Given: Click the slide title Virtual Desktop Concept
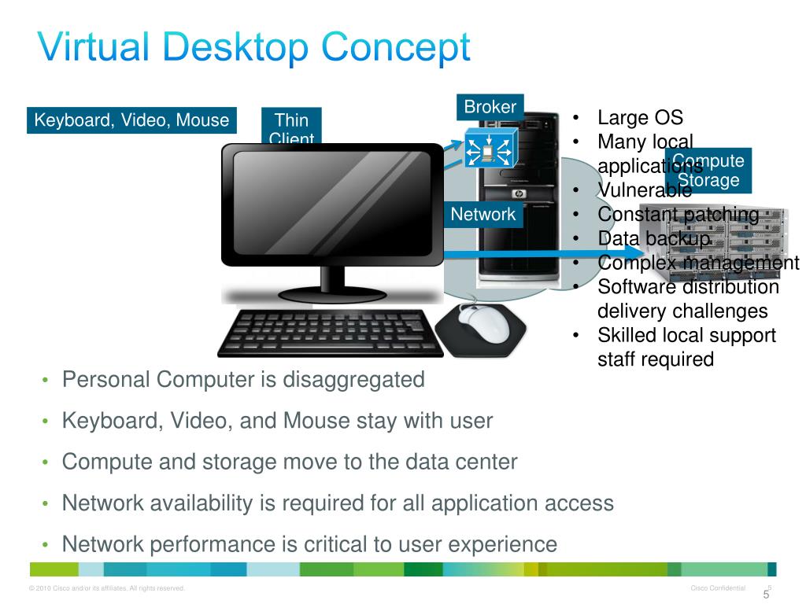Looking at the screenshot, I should (x=254, y=48).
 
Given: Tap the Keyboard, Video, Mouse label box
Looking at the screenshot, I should (x=131, y=120).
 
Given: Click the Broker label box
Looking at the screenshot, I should (x=490, y=107).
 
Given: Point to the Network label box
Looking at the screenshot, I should (x=483, y=214).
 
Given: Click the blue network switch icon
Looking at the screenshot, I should (x=488, y=147).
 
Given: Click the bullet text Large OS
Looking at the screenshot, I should (x=640, y=118).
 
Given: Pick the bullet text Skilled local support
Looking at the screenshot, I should (x=686, y=336).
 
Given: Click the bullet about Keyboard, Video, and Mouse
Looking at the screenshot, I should (x=277, y=421).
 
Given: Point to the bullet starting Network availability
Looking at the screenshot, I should (x=338, y=503).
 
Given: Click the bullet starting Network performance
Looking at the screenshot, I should (x=309, y=543).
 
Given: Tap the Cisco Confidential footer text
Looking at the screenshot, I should (x=717, y=588).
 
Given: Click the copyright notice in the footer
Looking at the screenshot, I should (x=106, y=588).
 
